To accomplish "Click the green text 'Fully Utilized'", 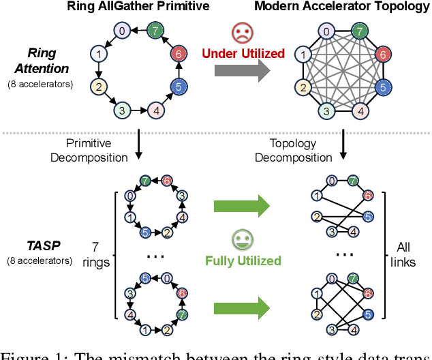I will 243,260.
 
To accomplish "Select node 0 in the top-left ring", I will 121,31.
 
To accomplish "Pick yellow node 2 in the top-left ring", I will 98,86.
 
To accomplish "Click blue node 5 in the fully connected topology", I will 384,87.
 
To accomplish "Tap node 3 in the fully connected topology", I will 326,110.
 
